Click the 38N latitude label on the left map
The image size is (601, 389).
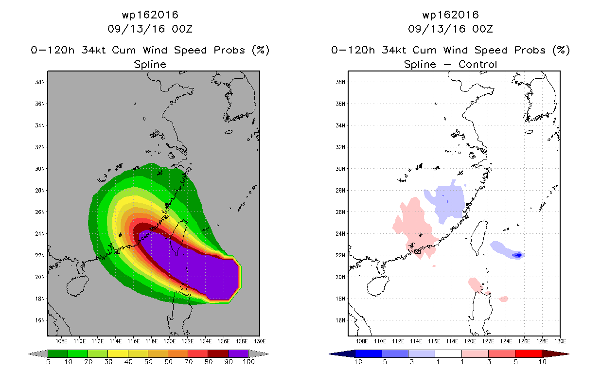(x=40, y=82)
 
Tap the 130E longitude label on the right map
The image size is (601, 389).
(x=560, y=341)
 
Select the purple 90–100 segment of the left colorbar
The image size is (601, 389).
(x=238, y=354)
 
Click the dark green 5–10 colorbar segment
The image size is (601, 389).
(x=58, y=354)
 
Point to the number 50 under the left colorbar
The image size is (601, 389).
(x=148, y=362)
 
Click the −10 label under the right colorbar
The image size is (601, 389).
(x=355, y=362)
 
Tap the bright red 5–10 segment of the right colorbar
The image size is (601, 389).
(x=529, y=354)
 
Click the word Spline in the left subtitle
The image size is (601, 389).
(x=150, y=64)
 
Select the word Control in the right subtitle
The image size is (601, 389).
(x=477, y=64)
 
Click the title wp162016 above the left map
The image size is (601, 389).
(x=150, y=15)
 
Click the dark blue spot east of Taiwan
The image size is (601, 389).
(x=518, y=255)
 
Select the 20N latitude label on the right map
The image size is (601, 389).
(x=340, y=277)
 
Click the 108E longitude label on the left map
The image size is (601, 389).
(x=61, y=341)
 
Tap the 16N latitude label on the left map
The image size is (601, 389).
(x=40, y=320)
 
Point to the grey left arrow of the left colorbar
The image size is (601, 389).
(x=38, y=354)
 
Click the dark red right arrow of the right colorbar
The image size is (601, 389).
(x=555, y=354)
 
